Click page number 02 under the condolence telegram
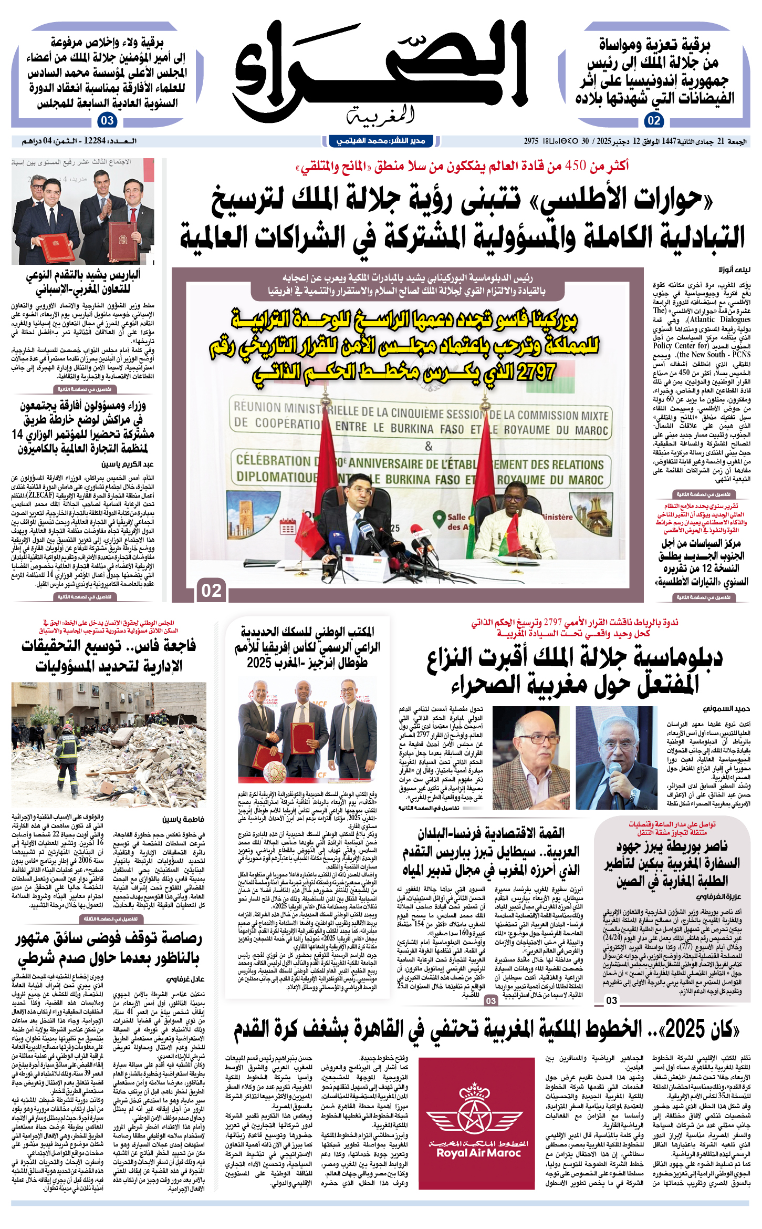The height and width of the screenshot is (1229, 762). (x=654, y=120)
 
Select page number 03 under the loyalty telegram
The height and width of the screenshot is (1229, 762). (x=107, y=120)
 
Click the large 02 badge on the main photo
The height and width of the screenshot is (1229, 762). (x=212, y=591)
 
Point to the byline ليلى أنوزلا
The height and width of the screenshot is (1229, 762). (x=735, y=269)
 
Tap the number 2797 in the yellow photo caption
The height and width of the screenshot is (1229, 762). (x=536, y=372)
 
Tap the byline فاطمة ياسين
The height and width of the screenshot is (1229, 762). (x=183, y=819)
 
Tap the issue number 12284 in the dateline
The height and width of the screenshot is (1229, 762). (x=95, y=141)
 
